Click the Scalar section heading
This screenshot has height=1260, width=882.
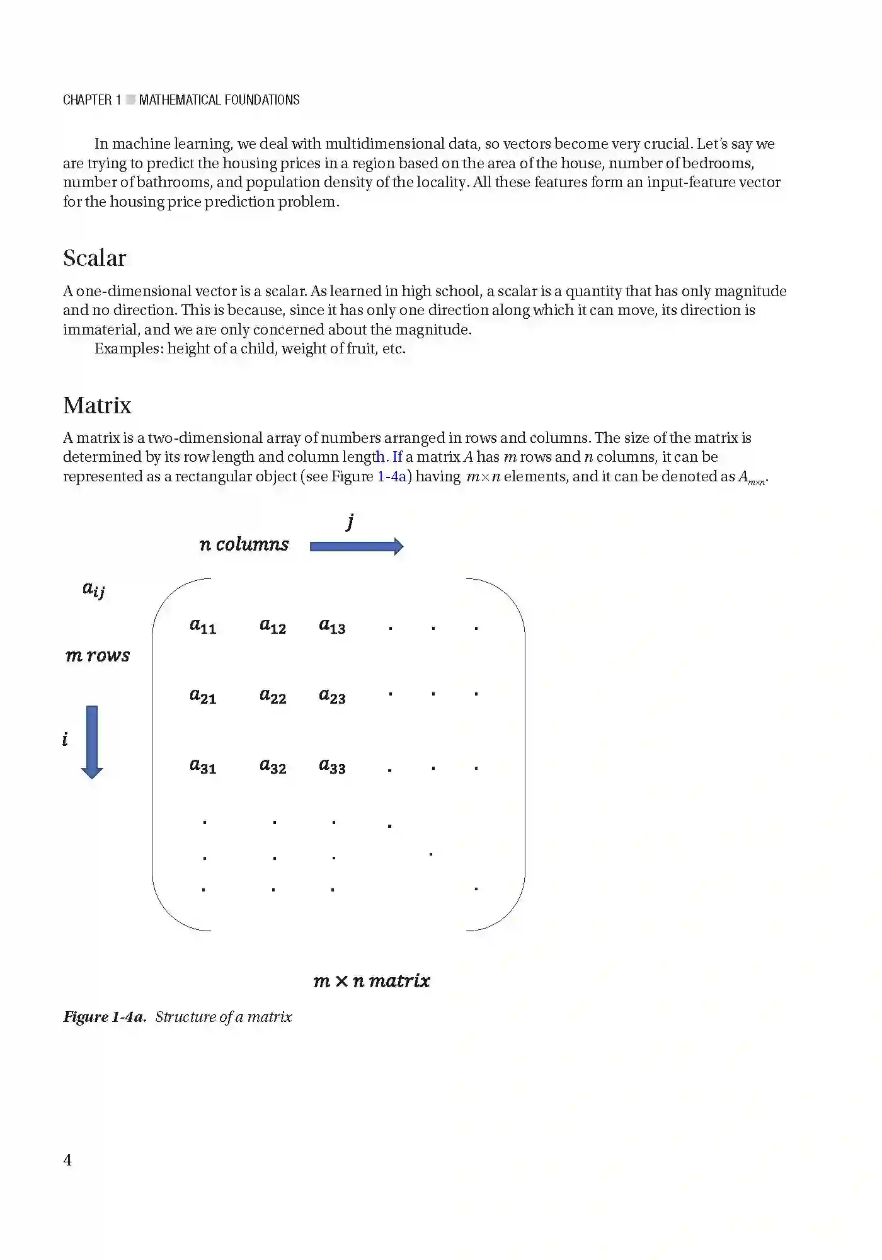coord(94,258)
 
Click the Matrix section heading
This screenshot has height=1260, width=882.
coord(97,406)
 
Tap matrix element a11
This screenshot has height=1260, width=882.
coord(203,626)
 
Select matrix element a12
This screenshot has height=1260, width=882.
coord(273,626)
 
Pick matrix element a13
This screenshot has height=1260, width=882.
coord(332,626)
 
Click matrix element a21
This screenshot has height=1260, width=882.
coord(203,696)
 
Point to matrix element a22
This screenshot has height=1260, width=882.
coord(273,696)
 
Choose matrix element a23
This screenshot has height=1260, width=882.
coord(332,696)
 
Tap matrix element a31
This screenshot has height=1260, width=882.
coord(203,766)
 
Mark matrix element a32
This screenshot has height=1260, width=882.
coord(273,766)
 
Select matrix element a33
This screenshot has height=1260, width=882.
coord(332,766)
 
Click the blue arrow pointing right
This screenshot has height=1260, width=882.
coord(356,546)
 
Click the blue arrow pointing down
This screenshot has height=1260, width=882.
coord(92,742)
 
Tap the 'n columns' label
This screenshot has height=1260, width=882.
coord(244,544)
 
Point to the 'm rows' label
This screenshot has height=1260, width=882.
coord(98,656)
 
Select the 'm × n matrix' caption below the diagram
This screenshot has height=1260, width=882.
coord(372,981)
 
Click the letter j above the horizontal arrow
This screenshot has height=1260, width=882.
coord(350,522)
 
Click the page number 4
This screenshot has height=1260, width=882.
coord(67,1160)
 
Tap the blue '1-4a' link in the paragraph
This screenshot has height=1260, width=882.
coord(392,477)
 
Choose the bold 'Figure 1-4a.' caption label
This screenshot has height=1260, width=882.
coord(105,1017)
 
